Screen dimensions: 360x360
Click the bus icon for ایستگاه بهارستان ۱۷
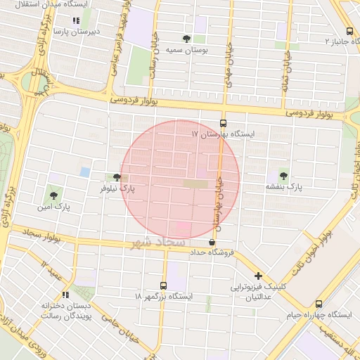(x=224, y=122)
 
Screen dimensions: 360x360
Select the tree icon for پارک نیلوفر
(x=116, y=178)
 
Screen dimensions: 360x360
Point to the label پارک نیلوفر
(x=117, y=188)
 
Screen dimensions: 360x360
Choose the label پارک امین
(x=55, y=207)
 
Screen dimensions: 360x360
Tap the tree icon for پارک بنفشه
(x=283, y=176)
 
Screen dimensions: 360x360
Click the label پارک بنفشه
(x=283, y=187)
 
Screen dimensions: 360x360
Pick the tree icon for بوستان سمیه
(x=186, y=39)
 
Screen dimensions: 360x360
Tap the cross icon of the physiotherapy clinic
(x=259, y=276)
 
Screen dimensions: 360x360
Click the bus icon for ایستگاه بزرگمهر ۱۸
(x=163, y=286)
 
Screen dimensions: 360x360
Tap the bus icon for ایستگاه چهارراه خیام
(x=319, y=304)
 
